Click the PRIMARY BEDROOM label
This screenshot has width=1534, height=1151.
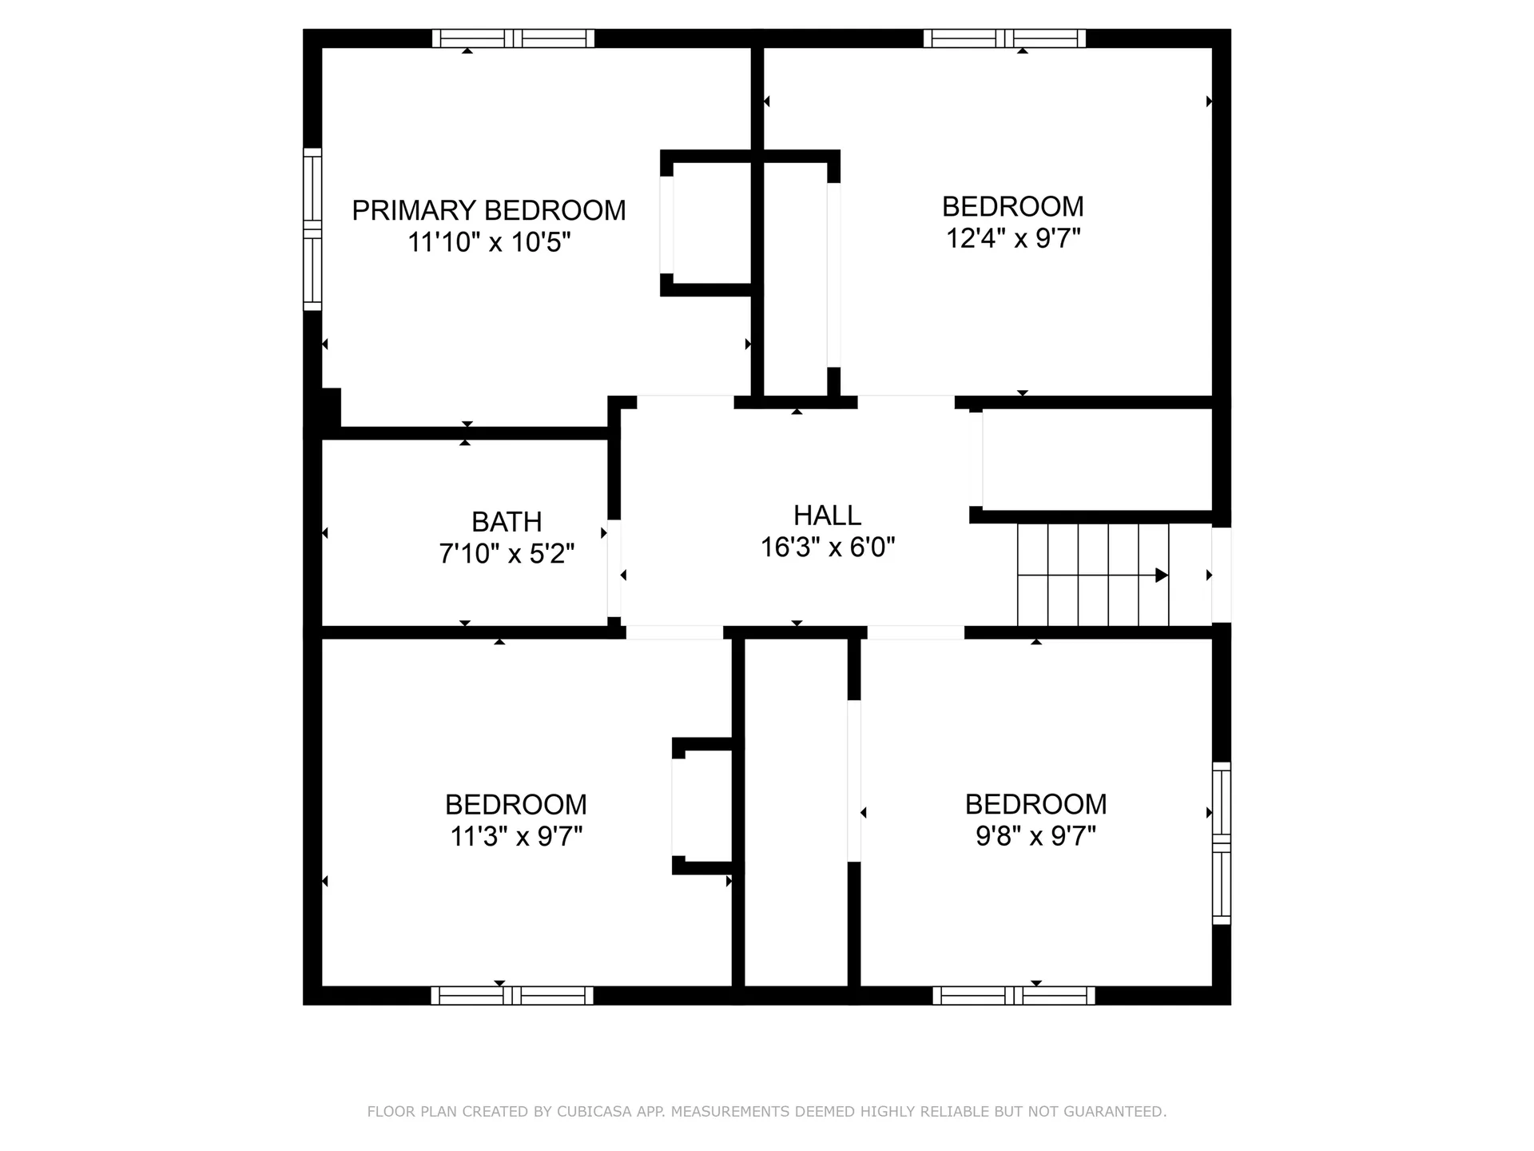click(x=488, y=210)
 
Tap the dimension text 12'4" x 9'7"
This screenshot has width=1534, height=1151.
click(x=1013, y=238)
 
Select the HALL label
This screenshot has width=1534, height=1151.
click(x=827, y=516)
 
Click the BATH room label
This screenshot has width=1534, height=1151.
click(x=507, y=522)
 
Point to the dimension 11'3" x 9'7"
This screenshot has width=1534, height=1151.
click(x=516, y=837)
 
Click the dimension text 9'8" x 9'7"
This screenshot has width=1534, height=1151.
click(x=1035, y=837)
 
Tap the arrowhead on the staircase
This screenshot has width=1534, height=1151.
click(x=1161, y=575)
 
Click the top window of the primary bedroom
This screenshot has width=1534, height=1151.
click(x=513, y=38)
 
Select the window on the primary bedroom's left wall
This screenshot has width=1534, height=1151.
click(x=312, y=229)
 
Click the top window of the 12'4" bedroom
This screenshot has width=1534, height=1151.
click(x=1004, y=38)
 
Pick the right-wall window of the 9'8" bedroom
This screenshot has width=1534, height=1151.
click(x=1221, y=843)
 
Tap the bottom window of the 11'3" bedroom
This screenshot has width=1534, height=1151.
click(x=512, y=995)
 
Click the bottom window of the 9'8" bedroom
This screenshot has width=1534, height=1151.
click(x=1013, y=995)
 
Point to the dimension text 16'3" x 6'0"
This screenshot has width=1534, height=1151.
click(x=827, y=548)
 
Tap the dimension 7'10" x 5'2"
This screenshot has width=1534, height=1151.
click(x=507, y=554)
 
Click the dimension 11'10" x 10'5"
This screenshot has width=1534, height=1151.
click(x=488, y=242)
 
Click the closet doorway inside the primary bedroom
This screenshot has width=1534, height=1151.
click(x=666, y=225)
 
